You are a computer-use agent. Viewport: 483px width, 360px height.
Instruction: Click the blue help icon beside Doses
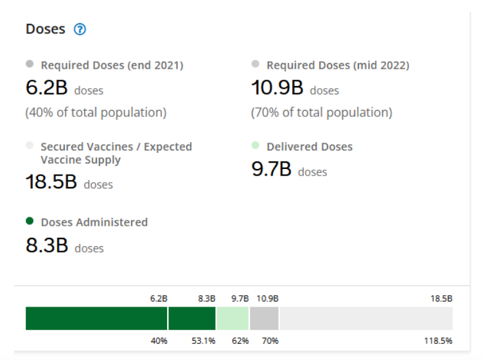click(80, 30)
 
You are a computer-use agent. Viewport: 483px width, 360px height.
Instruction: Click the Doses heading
click(45, 30)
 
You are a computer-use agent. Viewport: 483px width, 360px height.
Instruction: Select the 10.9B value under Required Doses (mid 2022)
click(277, 88)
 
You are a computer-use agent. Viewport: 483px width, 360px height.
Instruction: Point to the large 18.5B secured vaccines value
click(51, 182)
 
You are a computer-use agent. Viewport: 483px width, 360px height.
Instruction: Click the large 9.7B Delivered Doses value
click(271, 170)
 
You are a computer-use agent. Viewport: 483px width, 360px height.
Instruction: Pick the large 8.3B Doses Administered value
click(47, 246)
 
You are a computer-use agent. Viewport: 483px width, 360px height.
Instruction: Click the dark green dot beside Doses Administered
click(30, 221)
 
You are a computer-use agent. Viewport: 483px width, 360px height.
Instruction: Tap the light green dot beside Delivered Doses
click(256, 146)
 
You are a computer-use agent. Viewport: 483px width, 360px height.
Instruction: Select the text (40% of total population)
click(96, 113)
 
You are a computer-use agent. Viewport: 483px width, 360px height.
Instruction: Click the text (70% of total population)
click(321, 113)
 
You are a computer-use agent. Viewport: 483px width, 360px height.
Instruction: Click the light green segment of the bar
click(233, 318)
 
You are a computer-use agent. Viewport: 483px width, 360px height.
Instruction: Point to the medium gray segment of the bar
click(264, 318)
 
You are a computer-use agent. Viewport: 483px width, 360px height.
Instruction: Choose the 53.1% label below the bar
click(203, 341)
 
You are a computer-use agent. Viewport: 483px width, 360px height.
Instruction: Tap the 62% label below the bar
click(240, 341)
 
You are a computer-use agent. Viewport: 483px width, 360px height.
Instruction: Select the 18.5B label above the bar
click(441, 299)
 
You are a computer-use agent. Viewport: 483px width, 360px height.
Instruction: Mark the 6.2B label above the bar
click(159, 299)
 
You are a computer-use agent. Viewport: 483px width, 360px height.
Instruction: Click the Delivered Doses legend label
click(310, 147)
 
